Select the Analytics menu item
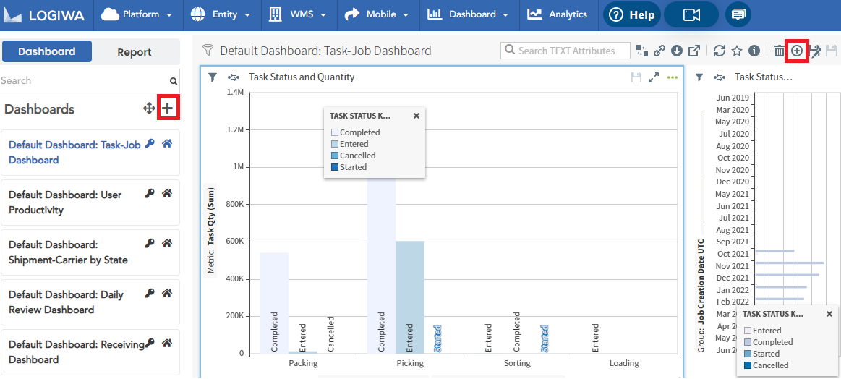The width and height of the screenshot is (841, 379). pyautogui.click(x=558, y=14)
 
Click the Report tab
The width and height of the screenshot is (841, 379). pyautogui.click(x=135, y=52)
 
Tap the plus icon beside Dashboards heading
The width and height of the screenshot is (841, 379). pyautogui.click(x=168, y=109)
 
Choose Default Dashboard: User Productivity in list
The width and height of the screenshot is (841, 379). pyautogui.click(x=65, y=203)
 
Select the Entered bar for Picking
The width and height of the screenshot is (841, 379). pyautogui.click(x=410, y=297)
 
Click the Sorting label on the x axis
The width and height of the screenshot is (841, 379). pyautogui.click(x=517, y=363)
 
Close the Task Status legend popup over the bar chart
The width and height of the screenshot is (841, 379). pyautogui.click(x=417, y=116)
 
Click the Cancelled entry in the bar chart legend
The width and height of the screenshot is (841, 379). pyautogui.click(x=357, y=156)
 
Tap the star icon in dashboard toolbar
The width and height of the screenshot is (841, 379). pyautogui.click(x=737, y=51)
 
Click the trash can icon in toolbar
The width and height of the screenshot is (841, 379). pyautogui.click(x=779, y=51)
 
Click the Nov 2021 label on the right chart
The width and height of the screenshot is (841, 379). pyautogui.click(x=733, y=266)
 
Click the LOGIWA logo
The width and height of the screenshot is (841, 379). pyautogui.click(x=48, y=15)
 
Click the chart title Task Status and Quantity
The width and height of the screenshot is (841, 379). pyautogui.click(x=302, y=77)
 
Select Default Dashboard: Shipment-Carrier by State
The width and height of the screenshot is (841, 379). pyautogui.click(x=68, y=252)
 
